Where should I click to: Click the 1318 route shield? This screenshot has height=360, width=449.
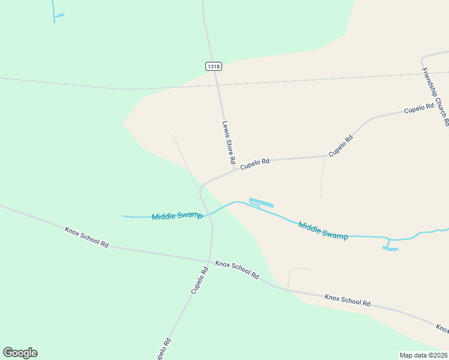click(212, 66)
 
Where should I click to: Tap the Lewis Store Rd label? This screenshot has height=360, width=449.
click(228, 143)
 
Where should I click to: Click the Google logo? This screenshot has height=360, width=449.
click(20, 353)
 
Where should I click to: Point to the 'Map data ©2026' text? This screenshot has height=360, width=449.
click(423, 355)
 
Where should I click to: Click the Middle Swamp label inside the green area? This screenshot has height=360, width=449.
click(177, 216)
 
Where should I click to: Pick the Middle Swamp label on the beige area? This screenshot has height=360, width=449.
click(323, 231)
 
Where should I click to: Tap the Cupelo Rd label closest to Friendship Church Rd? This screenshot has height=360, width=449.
click(418, 109)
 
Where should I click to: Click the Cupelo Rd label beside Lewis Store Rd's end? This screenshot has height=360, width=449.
click(255, 163)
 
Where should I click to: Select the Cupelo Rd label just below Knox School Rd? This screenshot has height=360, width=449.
click(200, 280)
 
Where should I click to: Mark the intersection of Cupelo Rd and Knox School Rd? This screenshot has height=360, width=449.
click(209, 261)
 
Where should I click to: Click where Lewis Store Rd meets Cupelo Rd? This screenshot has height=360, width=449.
click(234, 170)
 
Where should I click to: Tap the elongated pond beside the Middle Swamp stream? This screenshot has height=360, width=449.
click(261, 202)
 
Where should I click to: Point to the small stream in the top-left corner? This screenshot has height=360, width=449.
click(55, 13)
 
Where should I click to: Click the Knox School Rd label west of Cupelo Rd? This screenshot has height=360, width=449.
click(86, 236)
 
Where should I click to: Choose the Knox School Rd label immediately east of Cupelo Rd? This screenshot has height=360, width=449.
click(237, 269)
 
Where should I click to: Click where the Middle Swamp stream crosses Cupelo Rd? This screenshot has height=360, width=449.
click(210, 214)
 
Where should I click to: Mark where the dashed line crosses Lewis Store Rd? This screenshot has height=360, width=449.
click(218, 85)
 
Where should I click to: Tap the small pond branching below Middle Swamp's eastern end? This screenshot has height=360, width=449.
click(390, 248)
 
